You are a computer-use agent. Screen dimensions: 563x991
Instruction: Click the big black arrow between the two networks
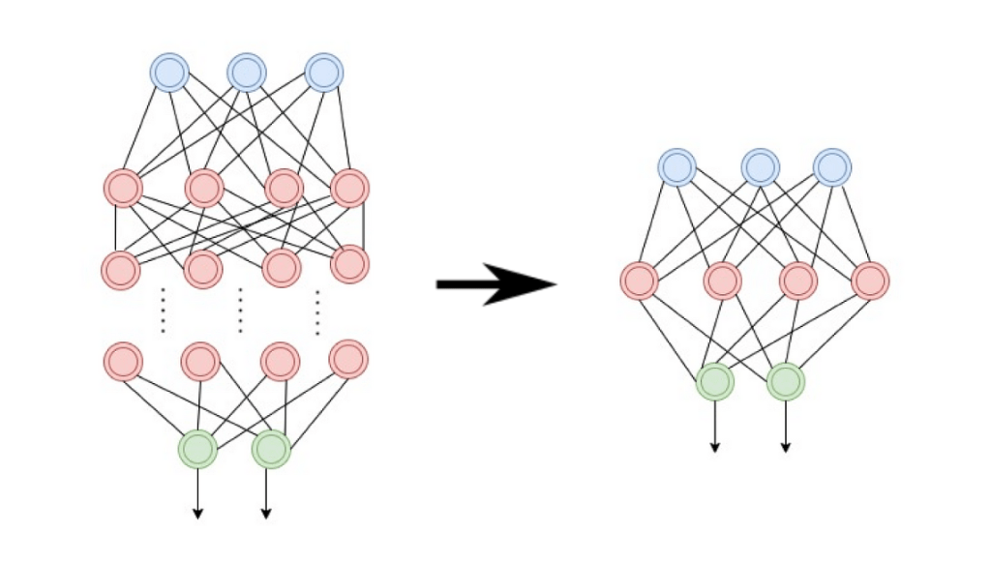click(496, 283)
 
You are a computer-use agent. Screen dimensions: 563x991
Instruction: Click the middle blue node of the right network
click(761, 167)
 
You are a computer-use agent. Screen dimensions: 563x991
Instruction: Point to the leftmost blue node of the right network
click(677, 167)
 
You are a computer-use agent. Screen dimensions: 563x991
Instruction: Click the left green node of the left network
click(197, 449)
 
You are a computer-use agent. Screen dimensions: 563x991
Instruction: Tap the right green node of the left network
click(271, 449)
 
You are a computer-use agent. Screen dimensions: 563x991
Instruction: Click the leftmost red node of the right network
click(639, 281)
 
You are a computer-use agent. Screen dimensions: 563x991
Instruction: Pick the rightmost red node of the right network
click(870, 281)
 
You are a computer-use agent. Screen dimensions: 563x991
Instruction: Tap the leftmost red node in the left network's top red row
click(123, 188)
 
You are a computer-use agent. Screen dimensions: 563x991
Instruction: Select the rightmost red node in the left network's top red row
click(349, 188)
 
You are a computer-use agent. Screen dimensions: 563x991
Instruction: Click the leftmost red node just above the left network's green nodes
click(123, 362)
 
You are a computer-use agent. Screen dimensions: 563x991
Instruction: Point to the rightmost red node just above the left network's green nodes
click(348, 360)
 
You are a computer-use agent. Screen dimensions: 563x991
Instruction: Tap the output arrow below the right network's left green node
click(715, 427)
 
